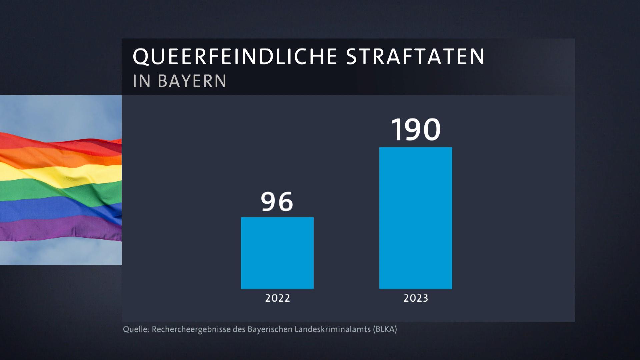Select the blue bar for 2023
click(x=415, y=218)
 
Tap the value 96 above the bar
click(x=277, y=202)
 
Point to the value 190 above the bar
click(x=416, y=130)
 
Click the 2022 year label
click(x=277, y=298)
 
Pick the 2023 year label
click(x=416, y=298)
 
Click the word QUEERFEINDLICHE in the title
click(x=235, y=56)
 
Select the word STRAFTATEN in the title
click(x=415, y=56)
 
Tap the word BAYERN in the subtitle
click(x=192, y=81)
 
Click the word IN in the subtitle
click(x=142, y=81)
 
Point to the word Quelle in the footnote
click(x=135, y=329)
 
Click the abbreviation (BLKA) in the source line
click(x=385, y=329)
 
